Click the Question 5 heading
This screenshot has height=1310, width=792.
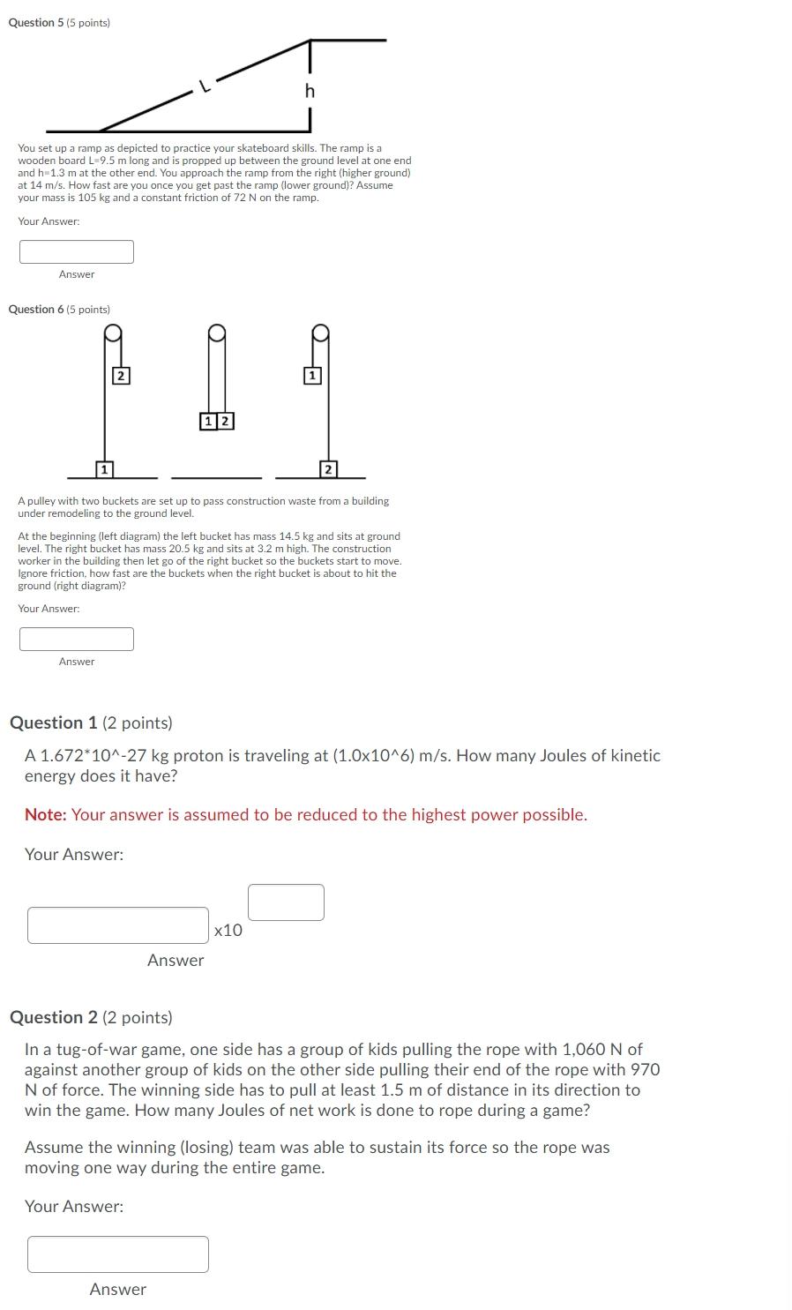point(58,23)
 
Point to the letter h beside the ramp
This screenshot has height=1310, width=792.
point(309,91)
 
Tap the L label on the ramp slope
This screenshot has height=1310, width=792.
point(204,86)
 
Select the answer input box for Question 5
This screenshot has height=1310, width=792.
point(77,251)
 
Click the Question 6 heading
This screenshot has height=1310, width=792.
point(58,310)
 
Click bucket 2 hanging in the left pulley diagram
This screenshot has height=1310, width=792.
point(122,376)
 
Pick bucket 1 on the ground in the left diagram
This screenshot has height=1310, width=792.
point(103,468)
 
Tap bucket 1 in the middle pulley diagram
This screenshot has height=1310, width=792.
point(208,421)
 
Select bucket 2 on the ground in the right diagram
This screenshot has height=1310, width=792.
point(328,468)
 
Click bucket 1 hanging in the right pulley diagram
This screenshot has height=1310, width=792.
point(311,376)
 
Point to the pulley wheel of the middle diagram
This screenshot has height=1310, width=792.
point(217,333)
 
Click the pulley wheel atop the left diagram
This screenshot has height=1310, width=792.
point(113,333)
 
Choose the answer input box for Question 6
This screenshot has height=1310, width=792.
point(77,639)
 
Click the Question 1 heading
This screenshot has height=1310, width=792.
point(91,722)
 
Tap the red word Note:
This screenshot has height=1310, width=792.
point(46,814)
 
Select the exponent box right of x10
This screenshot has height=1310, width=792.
point(286,902)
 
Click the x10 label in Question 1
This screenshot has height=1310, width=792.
point(228,930)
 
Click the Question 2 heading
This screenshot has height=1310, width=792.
point(91,1017)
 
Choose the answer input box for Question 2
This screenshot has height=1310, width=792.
point(118,1254)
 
